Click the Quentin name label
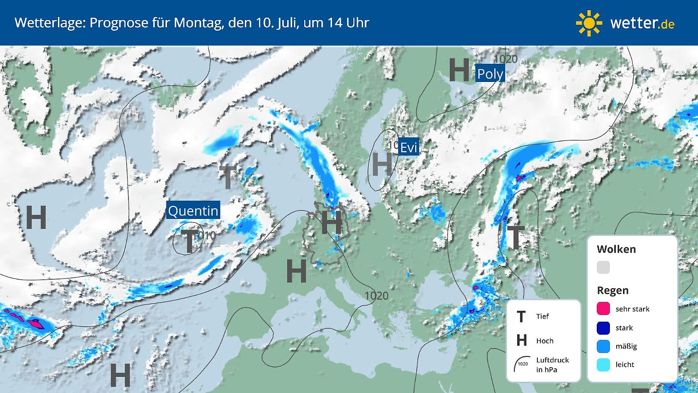pyautogui.click(x=193, y=211)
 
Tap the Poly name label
pyautogui.click(x=490, y=74)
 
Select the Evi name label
pyautogui.click(x=408, y=147)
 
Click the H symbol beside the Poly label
pyautogui.click(x=459, y=70)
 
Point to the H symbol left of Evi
pyautogui.click(x=382, y=164)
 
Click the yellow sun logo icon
pyautogui.click(x=589, y=23)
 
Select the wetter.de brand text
pyautogui.click(x=642, y=23)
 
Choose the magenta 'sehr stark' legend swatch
pyautogui.click(x=603, y=309)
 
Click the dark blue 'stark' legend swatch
pyautogui.click(x=603, y=328)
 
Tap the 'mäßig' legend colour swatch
pyautogui.click(x=603, y=346)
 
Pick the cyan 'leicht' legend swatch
pyautogui.click(x=603, y=364)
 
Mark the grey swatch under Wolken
pyautogui.click(x=603, y=267)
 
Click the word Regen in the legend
pyautogui.click(x=612, y=291)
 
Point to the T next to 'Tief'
pyautogui.click(x=521, y=317)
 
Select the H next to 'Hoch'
pyautogui.click(x=521, y=341)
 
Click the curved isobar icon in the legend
pyautogui.click(x=521, y=364)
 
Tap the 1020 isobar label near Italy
pyautogui.click(x=376, y=295)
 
